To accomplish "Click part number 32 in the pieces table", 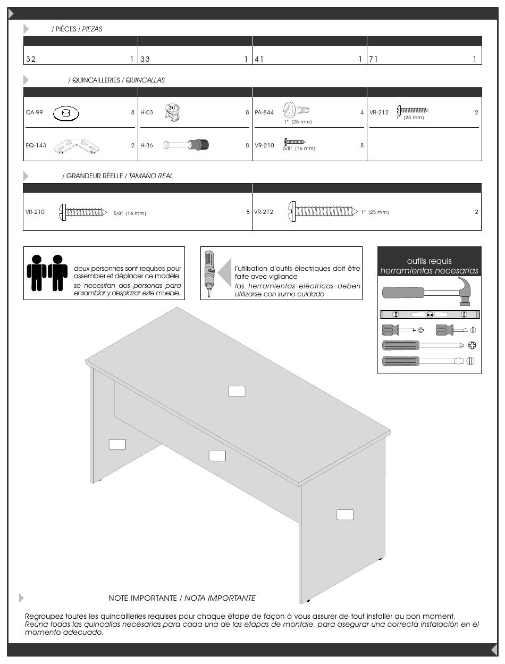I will (x=31, y=60).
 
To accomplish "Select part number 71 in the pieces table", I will (x=374, y=60).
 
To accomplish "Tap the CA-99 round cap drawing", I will (x=66, y=113).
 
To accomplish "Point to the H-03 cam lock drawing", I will (x=174, y=112).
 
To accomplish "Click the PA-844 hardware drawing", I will (x=296, y=110).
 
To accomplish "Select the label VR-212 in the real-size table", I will (x=264, y=212).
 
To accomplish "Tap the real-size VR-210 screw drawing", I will (x=83, y=212).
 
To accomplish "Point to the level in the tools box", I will (x=430, y=314).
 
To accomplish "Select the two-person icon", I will (x=47, y=273).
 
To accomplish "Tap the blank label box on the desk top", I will (x=237, y=391).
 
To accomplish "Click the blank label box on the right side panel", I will (x=345, y=514).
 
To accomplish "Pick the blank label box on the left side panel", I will (x=117, y=444).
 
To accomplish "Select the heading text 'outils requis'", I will (x=429, y=261).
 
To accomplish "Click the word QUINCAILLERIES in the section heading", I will (x=94, y=80).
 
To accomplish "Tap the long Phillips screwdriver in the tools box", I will (x=428, y=345).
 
